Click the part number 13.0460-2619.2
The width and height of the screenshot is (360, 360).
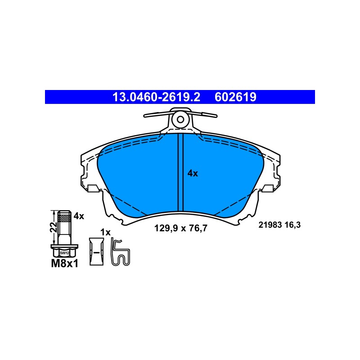click(156, 97)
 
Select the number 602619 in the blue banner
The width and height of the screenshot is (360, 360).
click(235, 97)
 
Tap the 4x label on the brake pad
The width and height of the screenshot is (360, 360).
click(193, 173)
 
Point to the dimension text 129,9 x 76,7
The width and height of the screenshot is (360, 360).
click(181, 228)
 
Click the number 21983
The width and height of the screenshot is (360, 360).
click(270, 225)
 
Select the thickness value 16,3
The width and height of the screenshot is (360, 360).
click(292, 225)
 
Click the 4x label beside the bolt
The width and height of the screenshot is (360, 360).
click(79, 216)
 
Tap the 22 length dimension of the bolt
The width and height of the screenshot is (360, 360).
click(54, 227)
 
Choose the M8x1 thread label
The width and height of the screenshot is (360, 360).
click(64, 264)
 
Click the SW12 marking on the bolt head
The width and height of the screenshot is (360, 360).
click(64, 253)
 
